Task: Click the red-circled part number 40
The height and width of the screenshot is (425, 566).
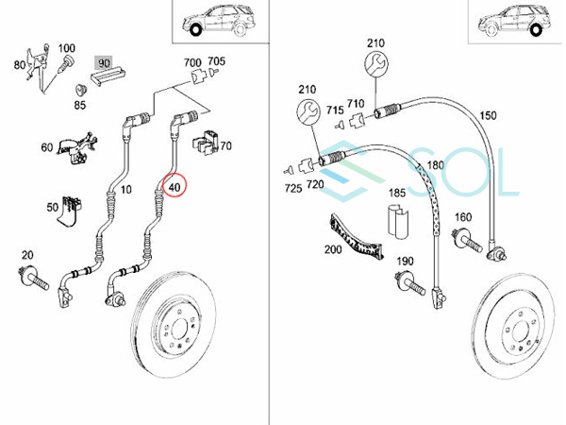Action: click(175, 187)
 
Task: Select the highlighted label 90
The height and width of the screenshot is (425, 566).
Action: click(104, 63)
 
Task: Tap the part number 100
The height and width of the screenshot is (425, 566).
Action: click(67, 47)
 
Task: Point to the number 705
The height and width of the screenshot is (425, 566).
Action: click(216, 61)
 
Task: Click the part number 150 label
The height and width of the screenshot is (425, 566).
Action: click(487, 116)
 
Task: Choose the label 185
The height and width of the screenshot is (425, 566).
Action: click(397, 193)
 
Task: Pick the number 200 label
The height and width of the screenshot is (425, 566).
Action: click(332, 249)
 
